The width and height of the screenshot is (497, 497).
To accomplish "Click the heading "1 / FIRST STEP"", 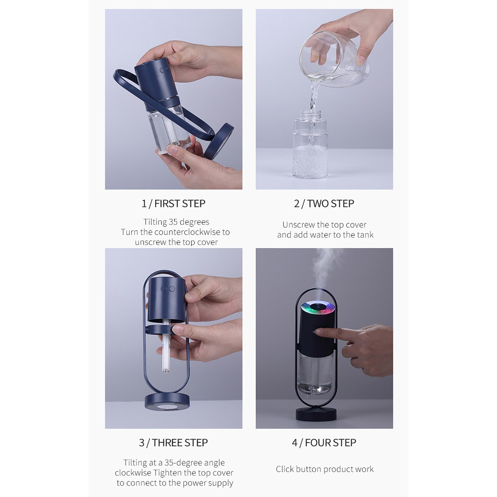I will coord(173,204).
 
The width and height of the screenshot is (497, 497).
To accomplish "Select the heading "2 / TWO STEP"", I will coord(324,204).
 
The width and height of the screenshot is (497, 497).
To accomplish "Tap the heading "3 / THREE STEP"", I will coord(173,443).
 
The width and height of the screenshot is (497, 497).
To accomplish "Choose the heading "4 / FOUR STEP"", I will coord(324,443).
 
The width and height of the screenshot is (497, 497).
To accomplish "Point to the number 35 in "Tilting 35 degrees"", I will coord(174,222).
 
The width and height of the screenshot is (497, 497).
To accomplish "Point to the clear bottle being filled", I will coord(310,146).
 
